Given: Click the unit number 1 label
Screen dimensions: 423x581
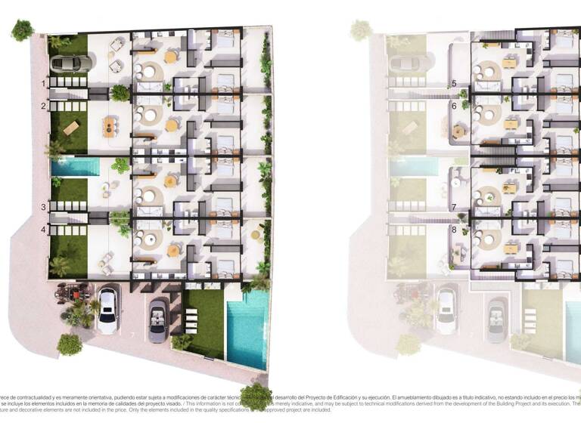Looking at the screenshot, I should tap(45, 83).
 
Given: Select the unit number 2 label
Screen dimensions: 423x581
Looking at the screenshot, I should tap(45, 107).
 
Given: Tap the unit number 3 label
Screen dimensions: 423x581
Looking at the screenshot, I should tap(44, 206).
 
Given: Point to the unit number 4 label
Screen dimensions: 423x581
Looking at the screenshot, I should tap(44, 229).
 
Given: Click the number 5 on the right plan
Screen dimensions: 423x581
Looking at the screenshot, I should tap(454, 83).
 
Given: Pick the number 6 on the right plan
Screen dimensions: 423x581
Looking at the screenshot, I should tap(454, 107).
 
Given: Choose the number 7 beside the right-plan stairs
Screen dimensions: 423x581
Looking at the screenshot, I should tap(454, 206).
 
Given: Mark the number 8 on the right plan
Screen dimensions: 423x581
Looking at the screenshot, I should tap(454, 229).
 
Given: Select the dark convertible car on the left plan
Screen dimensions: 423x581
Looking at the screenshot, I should tap(159, 320).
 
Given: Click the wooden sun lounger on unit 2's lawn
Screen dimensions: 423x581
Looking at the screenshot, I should tap(71, 128).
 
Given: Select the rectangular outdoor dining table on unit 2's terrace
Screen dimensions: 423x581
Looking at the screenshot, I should tap(110, 123).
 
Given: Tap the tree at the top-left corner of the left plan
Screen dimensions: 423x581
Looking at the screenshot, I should tap(22, 30).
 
